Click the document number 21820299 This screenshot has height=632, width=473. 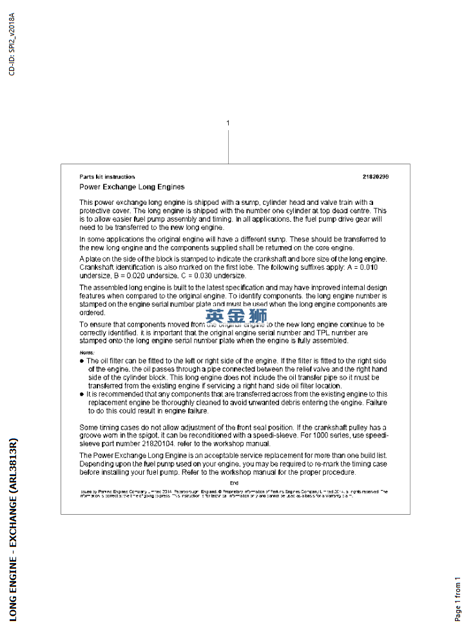[x=376, y=177]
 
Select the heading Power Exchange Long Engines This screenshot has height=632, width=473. [x=131, y=187]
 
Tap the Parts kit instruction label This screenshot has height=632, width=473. [x=107, y=177]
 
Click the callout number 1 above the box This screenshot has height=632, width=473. [x=228, y=122]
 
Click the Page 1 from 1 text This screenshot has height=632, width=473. [x=458, y=599]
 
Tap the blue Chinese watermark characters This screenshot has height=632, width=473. [x=236, y=316]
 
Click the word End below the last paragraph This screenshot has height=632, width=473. [x=234, y=483]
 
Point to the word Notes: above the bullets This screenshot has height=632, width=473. [x=86, y=353]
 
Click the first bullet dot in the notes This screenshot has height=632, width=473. [x=82, y=361]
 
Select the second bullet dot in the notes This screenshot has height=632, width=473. [x=82, y=394]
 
